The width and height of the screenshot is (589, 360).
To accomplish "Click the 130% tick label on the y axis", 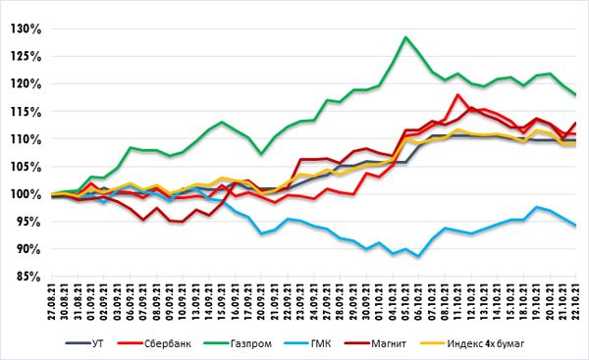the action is pos(26,28).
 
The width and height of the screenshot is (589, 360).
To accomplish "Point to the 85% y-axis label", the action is pos(28,277).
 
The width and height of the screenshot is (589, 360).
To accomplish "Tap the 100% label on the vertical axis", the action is pos(26,194).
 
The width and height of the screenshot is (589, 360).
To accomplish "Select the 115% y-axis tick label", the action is pos(26,112).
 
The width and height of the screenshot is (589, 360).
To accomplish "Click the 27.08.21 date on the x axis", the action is pos(52,301).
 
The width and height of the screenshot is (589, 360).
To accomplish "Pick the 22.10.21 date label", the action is pos(575,301).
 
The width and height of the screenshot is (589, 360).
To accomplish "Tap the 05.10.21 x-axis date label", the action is pos(405,301).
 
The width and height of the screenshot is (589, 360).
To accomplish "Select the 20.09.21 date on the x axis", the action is pos(261,301).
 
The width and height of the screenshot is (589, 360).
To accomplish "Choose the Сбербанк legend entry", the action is pos(154,343).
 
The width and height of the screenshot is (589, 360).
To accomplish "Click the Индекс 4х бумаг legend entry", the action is pos(472,343).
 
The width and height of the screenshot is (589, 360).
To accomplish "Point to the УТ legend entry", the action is pos(84,343).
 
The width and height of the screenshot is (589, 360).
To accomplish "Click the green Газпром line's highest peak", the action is pos(405,37).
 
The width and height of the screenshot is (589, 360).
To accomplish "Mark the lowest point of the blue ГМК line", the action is pos(418,257).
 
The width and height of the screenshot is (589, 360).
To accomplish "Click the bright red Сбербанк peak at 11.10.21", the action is pos(457,94).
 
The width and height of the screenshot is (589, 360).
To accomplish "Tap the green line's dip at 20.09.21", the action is pos(261,154).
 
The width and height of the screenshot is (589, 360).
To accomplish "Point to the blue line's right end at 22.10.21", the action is pos(575,226).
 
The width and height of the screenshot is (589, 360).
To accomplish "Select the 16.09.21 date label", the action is pos(236,301).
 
